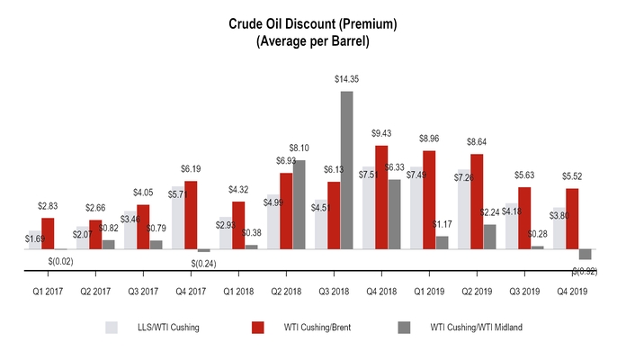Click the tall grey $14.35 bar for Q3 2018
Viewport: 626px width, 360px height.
point(346,170)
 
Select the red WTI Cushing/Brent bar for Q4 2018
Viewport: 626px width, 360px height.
point(381,197)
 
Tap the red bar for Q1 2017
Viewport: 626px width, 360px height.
point(48,233)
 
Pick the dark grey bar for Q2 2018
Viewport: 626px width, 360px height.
point(299,204)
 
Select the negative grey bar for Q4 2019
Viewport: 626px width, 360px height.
point(585,254)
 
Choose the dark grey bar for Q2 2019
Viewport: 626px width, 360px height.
point(489,236)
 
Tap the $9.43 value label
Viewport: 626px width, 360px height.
point(381,135)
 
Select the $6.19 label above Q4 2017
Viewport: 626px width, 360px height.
point(191,170)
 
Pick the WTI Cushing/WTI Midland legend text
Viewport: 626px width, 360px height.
point(476,328)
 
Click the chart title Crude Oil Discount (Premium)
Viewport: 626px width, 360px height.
point(313,22)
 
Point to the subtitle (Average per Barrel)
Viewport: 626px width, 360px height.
point(313,40)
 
